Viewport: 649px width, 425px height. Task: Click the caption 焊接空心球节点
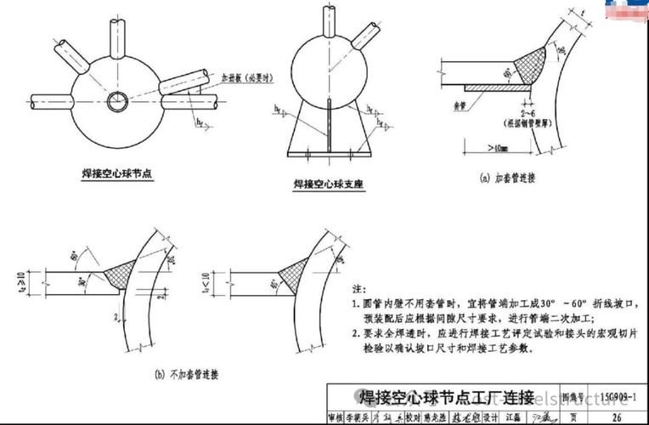(x=117, y=173)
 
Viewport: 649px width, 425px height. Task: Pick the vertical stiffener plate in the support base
(x=327, y=127)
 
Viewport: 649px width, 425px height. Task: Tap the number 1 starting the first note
(x=354, y=303)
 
